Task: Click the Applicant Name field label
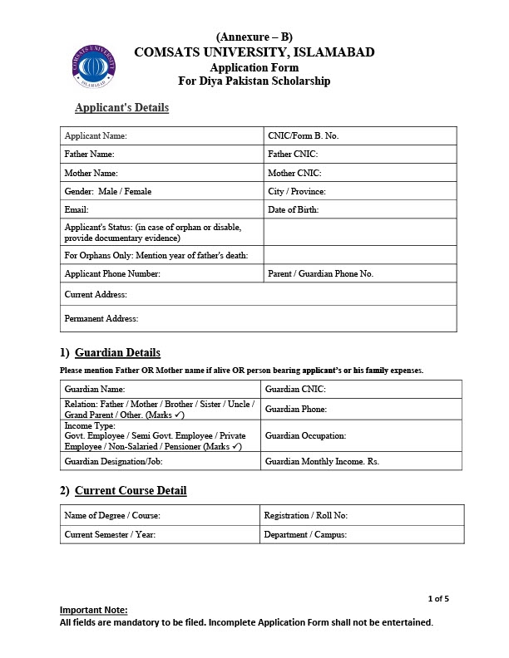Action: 96,135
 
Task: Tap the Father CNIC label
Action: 293,155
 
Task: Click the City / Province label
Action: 297,191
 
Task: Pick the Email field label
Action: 77,210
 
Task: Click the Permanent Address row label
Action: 101,318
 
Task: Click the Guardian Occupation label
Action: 304,435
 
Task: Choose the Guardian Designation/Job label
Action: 114,461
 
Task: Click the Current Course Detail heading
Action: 131,491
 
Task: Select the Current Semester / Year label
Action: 110,535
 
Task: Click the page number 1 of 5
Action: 438,598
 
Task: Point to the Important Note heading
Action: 93,611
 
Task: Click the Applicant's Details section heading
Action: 121,108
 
